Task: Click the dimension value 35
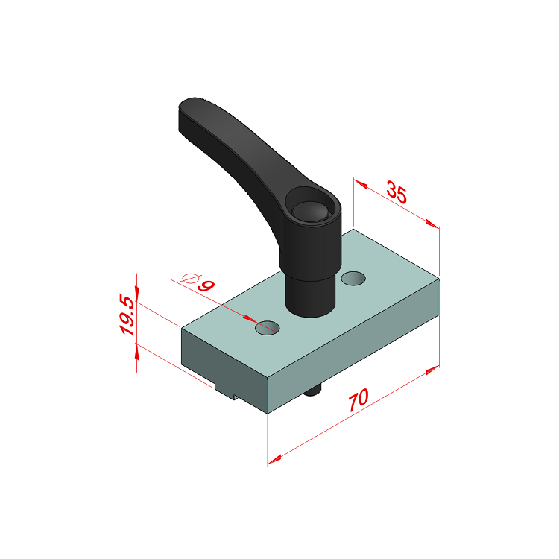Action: (x=397, y=192)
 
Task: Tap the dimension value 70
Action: (x=359, y=399)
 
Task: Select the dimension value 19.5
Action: (x=127, y=315)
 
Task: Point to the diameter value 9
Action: (x=206, y=285)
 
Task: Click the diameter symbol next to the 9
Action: (x=190, y=278)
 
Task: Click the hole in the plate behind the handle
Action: (x=353, y=278)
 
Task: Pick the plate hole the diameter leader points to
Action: (x=268, y=328)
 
